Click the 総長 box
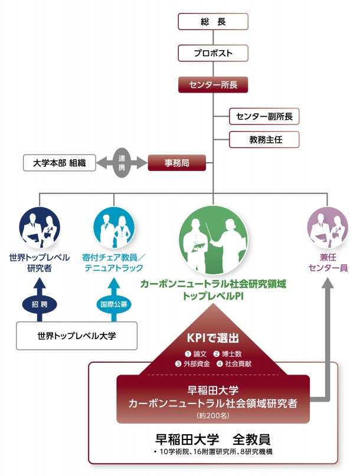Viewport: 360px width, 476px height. [213, 22]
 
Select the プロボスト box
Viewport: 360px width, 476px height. [213, 53]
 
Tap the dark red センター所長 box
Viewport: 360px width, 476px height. [213, 85]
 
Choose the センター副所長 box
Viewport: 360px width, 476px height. [264, 116]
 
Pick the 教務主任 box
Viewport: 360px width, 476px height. [264, 140]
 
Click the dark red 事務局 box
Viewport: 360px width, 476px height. [177, 163]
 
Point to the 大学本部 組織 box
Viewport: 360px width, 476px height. [60, 163]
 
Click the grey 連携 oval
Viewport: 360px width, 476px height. [122, 163]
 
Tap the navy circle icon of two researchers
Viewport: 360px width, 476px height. [40, 228]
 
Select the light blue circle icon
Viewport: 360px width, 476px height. [114, 228]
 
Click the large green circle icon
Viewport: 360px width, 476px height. [213, 241]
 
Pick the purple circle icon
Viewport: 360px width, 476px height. [328, 228]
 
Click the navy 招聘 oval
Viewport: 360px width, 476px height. [40, 304]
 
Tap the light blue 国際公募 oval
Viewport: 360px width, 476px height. [114, 304]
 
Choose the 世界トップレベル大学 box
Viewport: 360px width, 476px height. [77, 336]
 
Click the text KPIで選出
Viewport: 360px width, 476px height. [213, 338]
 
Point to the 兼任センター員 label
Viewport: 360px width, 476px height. [328, 262]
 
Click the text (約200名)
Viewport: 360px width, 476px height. [213, 415]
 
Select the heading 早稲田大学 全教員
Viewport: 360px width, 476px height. [213, 439]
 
